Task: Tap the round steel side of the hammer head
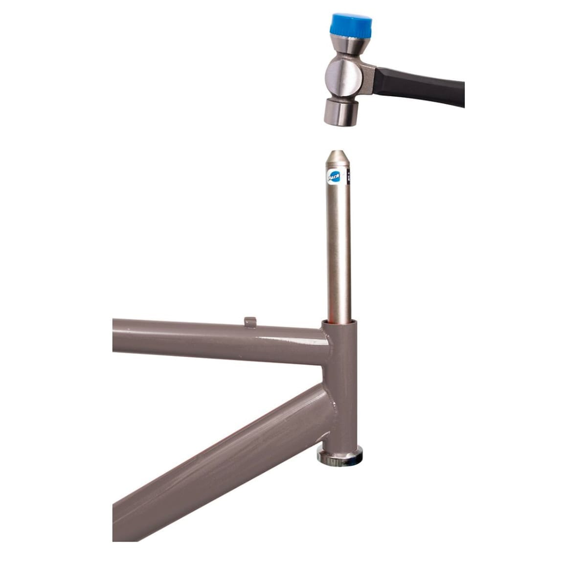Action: click(x=344, y=76)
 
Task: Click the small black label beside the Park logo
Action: click(x=349, y=176)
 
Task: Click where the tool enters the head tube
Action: click(x=339, y=321)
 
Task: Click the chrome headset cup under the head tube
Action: click(x=340, y=457)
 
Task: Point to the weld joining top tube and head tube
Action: click(x=325, y=342)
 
